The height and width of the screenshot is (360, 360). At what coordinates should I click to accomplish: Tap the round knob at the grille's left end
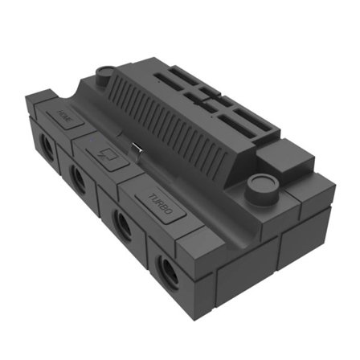pos(105,77)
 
